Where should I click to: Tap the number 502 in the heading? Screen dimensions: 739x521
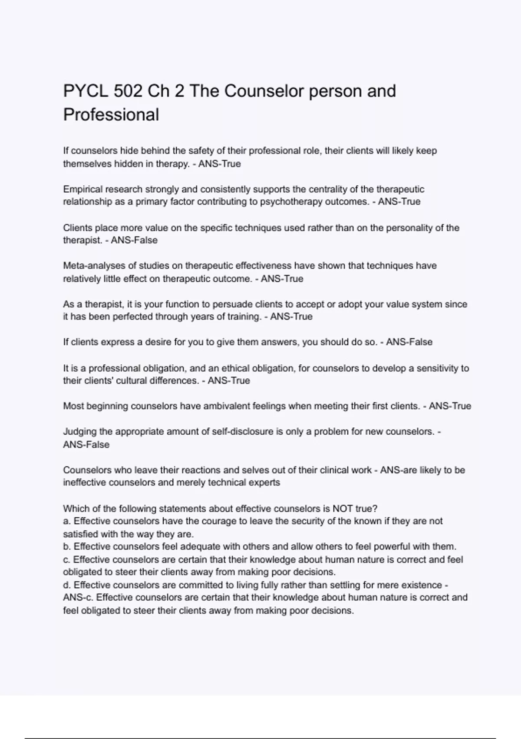(x=128, y=91)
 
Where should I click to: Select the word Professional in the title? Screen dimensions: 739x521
(x=111, y=115)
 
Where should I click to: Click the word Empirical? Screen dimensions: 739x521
(x=82, y=189)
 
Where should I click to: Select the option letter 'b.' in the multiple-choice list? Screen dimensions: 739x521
(x=67, y=546)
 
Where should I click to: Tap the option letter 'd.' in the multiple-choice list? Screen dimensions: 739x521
(x=67, y=585)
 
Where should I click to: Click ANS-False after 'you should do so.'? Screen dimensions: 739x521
(x=409, y=342)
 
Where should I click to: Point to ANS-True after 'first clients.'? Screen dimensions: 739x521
(x=450, y=406)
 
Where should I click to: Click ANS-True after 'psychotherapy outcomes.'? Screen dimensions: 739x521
(x=399, y=202)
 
